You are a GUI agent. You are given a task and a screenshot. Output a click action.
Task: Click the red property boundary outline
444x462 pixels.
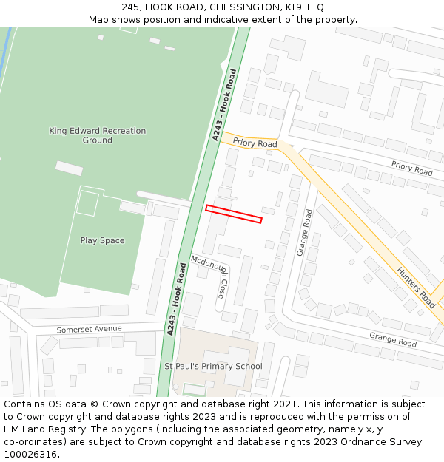[233, 214]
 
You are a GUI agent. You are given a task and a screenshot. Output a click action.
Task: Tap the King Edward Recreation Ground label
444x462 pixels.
[97, 135]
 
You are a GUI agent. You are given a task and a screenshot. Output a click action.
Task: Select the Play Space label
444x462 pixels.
[102, 240]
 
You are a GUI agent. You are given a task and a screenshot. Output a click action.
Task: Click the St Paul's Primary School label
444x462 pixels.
[213, 366]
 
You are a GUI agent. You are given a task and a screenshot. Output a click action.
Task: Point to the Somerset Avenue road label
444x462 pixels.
[89, 329]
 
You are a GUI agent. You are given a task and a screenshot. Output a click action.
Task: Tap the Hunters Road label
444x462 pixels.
[417, 288]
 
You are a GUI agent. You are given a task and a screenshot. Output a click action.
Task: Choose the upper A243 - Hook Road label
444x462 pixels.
[224, 104]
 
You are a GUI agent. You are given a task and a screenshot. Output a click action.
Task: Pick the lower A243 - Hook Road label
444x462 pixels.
[176, 298]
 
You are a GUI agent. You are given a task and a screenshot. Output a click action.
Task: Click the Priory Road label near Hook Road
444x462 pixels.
[255, 143]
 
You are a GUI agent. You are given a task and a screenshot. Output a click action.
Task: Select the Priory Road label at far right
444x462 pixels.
[411, 169]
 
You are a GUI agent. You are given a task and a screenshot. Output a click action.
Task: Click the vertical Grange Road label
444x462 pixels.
[304, 232]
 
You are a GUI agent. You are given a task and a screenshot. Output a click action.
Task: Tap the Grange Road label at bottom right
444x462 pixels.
[393, 340]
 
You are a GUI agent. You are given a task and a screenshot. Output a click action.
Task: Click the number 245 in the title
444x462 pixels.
[131, 7]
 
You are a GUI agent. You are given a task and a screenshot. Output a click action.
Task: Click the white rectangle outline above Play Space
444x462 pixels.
[87, 203]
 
